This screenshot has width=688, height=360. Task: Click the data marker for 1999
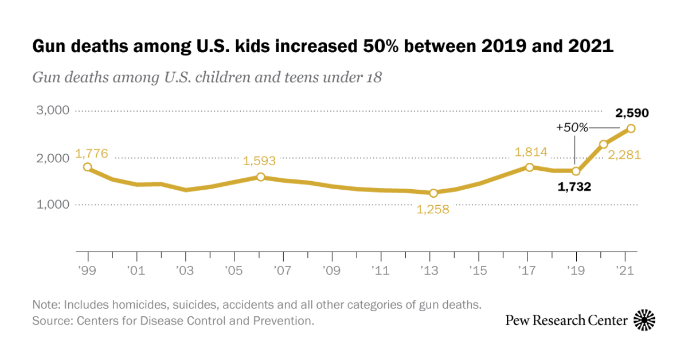(x=87, y=167)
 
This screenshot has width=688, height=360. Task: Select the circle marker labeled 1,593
(x=260, y=177)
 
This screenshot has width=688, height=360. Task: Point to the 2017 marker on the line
(x=530, y=167)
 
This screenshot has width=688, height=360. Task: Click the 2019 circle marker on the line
(x=576, y=171)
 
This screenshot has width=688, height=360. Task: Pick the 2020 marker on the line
(x=603, y=144)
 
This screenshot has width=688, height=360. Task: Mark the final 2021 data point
(x=631, y=128)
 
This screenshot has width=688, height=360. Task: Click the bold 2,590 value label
(x=632, y=113)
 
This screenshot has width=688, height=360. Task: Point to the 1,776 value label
(x=91, y=156)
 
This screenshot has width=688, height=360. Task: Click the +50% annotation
(x=572, y=128)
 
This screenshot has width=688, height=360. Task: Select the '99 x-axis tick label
(x=88, y=269)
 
